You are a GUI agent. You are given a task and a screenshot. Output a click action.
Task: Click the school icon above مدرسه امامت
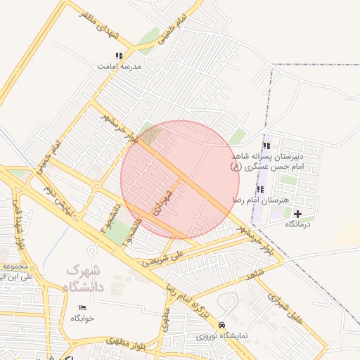coord(120,56)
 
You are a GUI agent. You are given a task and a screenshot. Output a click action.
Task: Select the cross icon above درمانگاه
coord(297,213)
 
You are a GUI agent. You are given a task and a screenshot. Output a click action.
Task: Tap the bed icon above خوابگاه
coord(82,307)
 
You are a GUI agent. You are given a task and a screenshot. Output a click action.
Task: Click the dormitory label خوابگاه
coord(82,318)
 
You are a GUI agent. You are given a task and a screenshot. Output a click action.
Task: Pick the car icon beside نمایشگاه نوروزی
coord(222,325)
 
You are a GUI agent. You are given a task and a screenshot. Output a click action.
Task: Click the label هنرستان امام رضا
coord(261,200)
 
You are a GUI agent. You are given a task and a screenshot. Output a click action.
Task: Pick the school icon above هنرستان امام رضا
coord(261,189)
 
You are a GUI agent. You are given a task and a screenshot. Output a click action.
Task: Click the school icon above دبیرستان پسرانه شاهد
coord(266,146)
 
